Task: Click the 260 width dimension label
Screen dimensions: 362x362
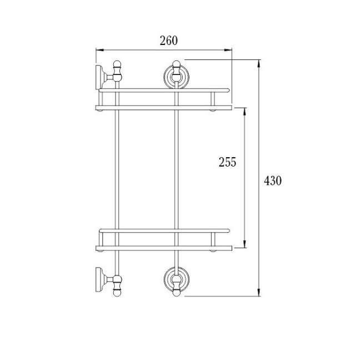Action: pyautogui.click(x=169, y=41)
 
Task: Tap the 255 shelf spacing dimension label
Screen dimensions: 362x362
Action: pyautogui.click(x=228, y=162)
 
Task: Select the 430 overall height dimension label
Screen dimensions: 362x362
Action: pyautogui.click(x=273, y=180)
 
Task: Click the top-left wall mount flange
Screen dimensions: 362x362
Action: pyautogui.click(x=99, y=77)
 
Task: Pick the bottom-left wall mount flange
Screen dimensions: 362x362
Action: pyautogui.click(x=99, y=280)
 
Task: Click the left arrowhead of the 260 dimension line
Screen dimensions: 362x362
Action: pyautogui.click(x=99, y=49)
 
